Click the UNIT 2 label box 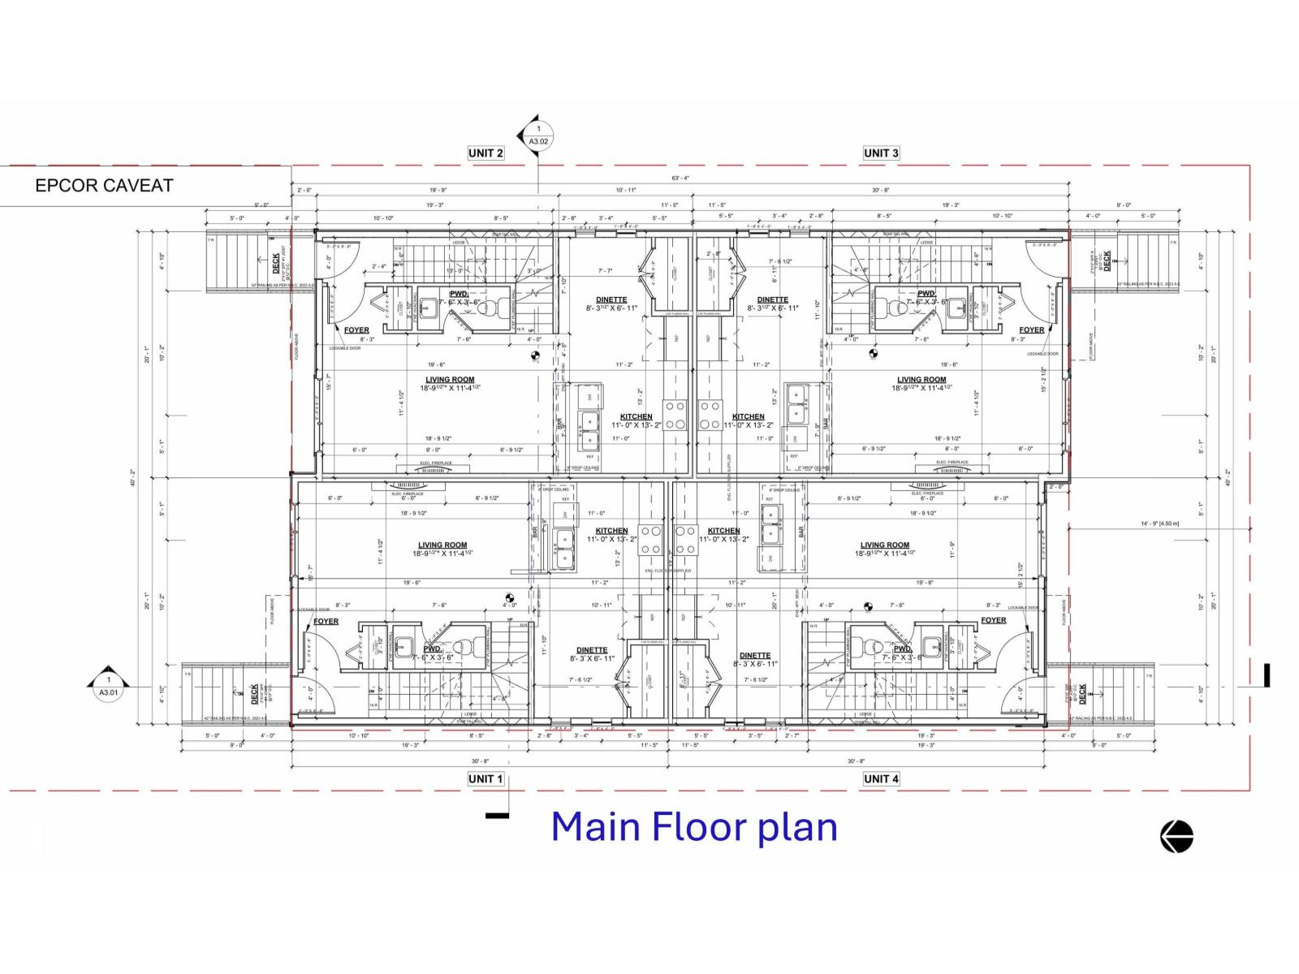click(x=486, y=153)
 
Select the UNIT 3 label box click(x=881, y=153)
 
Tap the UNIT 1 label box click(x=486, y=778)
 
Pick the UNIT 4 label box click(x=881, y=778)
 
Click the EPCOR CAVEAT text click(x=104, y=186)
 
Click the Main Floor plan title click(x=694, y=827)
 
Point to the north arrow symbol click(x=1176, y=836)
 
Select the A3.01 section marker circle click(x=108, y=687)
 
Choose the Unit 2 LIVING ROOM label click(x=450, y=380)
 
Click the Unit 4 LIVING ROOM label click(x=885, y=545)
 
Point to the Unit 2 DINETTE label click(x=611, y=300)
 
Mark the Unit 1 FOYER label click(x=326, y=622)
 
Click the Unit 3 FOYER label click(x=1031, y=330)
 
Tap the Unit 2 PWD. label click(x=459, y=294)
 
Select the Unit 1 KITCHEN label click(x=611, y=531)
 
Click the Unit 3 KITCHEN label click(x=748, y=416)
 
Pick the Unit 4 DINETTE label click(x=755, y=656)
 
